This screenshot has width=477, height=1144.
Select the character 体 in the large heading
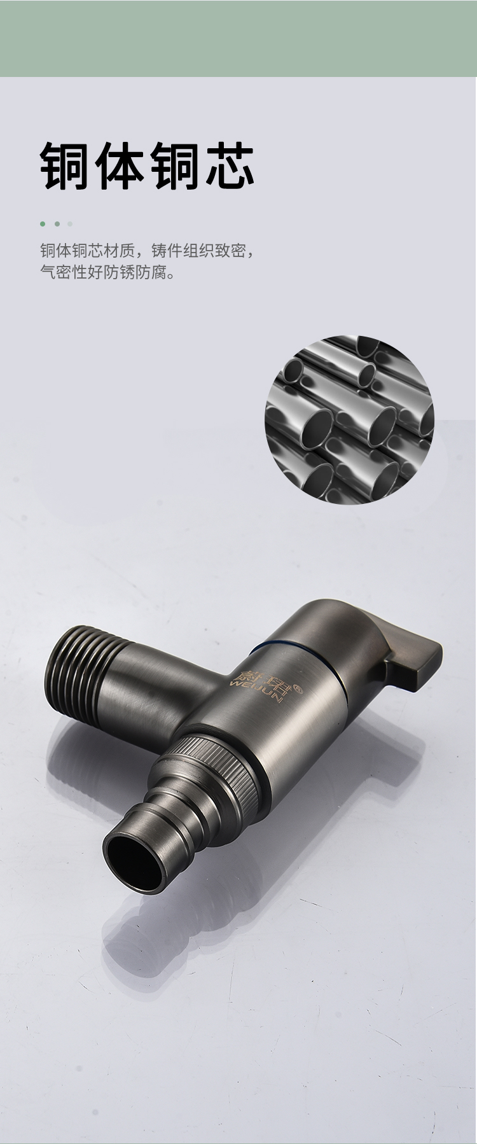point(120,166)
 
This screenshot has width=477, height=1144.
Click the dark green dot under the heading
point(43,224)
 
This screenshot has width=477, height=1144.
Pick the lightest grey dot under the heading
point(70,224)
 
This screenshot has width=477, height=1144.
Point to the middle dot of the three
point(57,224)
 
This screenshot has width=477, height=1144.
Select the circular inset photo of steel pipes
point(349,419)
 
